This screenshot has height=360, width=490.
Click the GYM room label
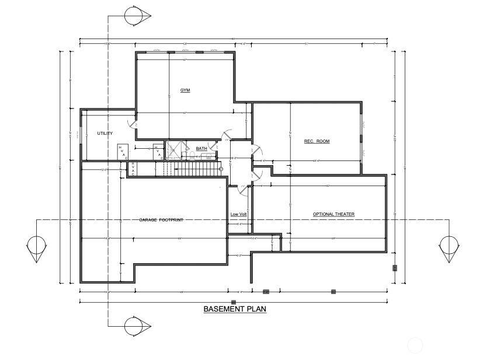(185, 90)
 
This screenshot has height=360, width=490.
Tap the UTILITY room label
(105, 134)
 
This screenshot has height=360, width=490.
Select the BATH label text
(201, 149)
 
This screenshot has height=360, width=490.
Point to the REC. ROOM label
(317, 141)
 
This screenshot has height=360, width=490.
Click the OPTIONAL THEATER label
(333, 214)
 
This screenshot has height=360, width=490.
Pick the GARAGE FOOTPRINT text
(161, 220)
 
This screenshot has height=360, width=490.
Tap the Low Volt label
(238, 214)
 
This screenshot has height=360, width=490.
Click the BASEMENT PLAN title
(235, 309)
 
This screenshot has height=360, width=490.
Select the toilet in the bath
(190, 155)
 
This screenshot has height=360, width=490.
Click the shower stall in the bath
(173, 150)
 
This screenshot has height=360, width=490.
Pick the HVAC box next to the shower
(157, 151)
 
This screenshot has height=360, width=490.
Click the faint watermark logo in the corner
(415, 345)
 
